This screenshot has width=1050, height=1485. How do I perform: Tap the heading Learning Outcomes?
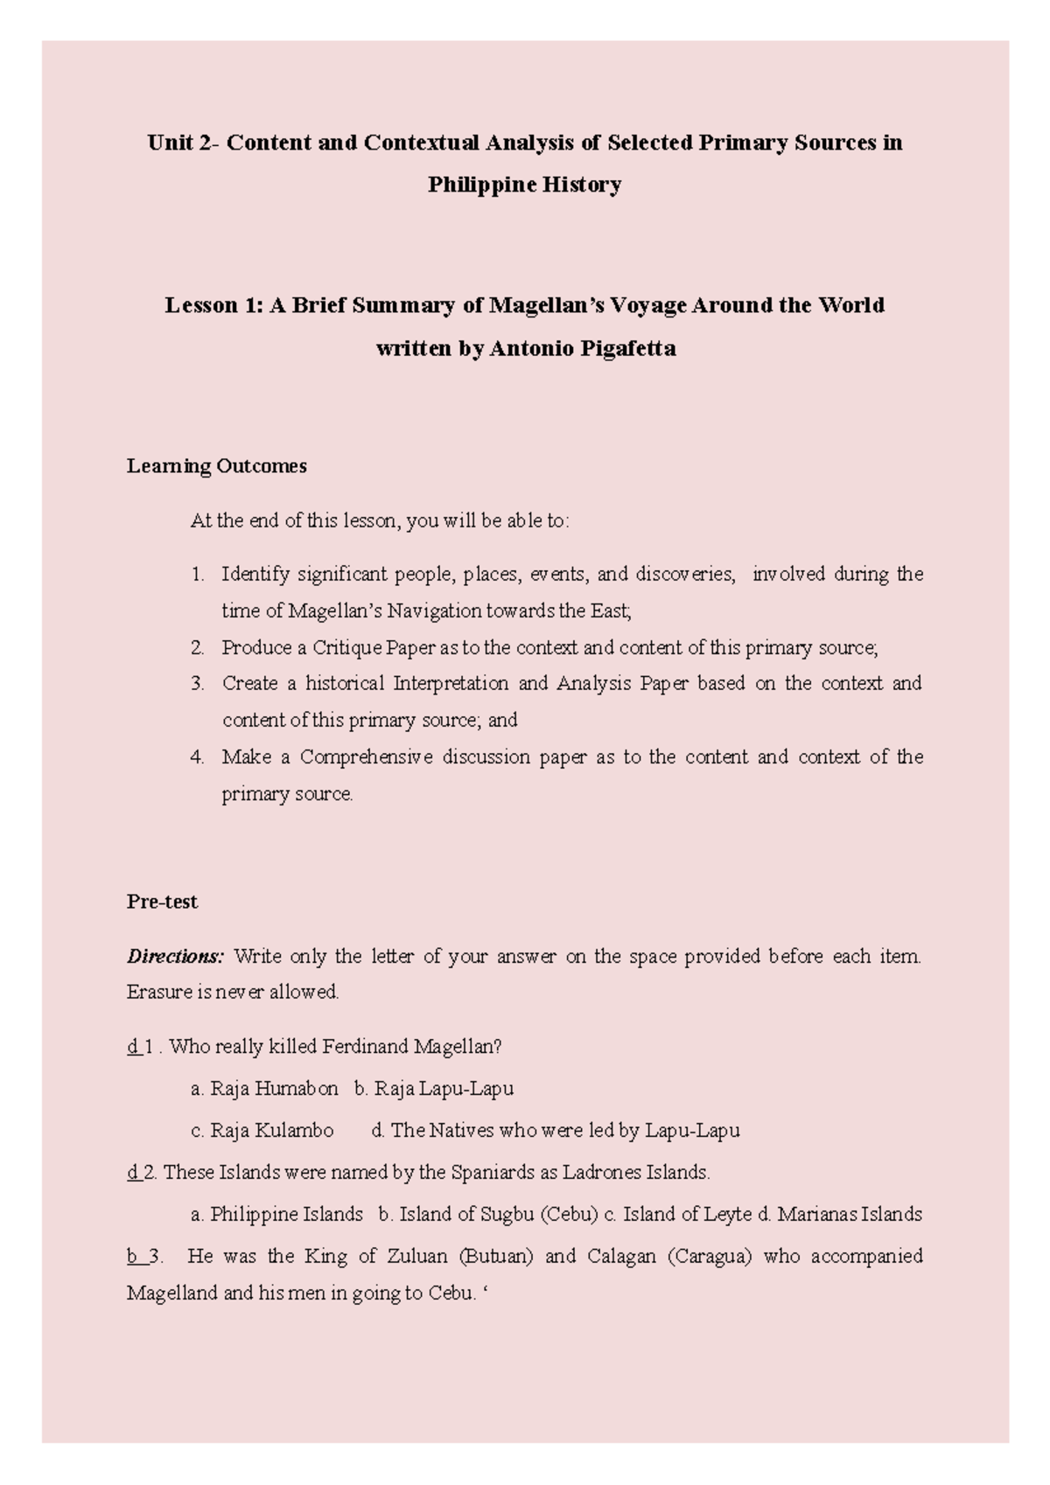(216, 466)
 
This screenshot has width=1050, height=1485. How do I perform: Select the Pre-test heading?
(162, 902)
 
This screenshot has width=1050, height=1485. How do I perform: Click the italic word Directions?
(175, 956)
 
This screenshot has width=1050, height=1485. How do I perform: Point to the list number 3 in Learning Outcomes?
(197, 683)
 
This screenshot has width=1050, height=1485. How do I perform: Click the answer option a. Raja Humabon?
(264, 1089)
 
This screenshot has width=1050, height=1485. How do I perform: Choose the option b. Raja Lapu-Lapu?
(434, 1089)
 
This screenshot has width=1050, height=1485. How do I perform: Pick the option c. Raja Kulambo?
(262, 1130)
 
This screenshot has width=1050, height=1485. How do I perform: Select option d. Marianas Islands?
(839, 1214)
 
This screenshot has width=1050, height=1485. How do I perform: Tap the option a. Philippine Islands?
(276, 1214)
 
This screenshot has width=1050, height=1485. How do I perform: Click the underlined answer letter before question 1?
(133, 1046)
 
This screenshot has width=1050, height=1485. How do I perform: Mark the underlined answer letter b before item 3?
(132, 1257)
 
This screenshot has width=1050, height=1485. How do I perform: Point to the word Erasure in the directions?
(157, 993)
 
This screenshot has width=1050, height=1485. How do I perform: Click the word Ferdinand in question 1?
(365, 1046)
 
